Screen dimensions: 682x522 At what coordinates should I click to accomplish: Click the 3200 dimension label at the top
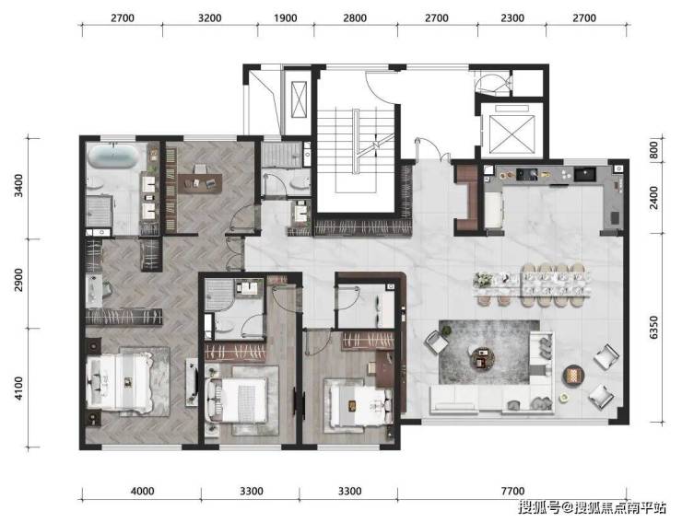[x=209, y=18]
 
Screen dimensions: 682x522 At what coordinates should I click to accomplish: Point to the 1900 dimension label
[x=286, y=18]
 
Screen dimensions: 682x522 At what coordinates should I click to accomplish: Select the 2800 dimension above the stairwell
[x=355, y=18]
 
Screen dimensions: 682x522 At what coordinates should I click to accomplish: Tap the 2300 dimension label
[x=511, y=18]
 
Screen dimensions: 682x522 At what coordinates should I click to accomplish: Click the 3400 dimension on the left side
[x=18, y=186]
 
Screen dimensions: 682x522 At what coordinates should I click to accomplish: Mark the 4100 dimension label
[x=18, y=389]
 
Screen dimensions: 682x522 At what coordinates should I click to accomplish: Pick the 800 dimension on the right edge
[x=653, y=150]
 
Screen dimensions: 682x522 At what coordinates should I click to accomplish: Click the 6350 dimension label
[x=653, y=327]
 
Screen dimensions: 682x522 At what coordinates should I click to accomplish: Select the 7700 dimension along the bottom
[x=512, y=491]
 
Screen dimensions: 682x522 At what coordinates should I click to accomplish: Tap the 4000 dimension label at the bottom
[x=142, y=491]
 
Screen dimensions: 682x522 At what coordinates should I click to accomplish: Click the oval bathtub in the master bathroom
[x=113, y=156]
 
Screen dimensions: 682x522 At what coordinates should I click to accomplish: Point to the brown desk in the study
[x=200, y=183]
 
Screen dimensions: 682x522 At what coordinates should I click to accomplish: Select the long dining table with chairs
[x=532, y=284]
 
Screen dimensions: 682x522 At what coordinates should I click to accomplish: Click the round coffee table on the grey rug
[x=483, y=358]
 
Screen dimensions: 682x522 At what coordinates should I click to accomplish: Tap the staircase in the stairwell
[x=356, y=151]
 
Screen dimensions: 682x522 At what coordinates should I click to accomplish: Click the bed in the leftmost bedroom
[x=119, y=382]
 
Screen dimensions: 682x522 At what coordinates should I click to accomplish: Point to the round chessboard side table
[x=573, y=375]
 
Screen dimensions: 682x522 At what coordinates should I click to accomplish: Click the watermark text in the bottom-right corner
[x=592, y=507]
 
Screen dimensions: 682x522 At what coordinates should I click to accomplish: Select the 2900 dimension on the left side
[x=18, y=280]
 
